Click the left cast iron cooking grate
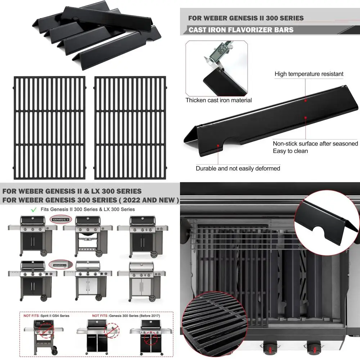[x=50, y=127]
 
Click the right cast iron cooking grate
[x=130, y=127]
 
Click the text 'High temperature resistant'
[x=309, y=74]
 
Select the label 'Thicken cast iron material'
[x=219, y=100]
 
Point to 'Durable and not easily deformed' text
[x=238, y=168]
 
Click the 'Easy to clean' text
[x=290, y=151]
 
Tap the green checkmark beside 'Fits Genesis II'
[x=34, y=209]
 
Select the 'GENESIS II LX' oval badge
[x=59, y=265]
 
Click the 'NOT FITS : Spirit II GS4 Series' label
[x=46, y=315]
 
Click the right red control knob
[x=312, y=348]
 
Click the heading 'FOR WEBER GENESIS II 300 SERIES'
[x=246, y=18]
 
